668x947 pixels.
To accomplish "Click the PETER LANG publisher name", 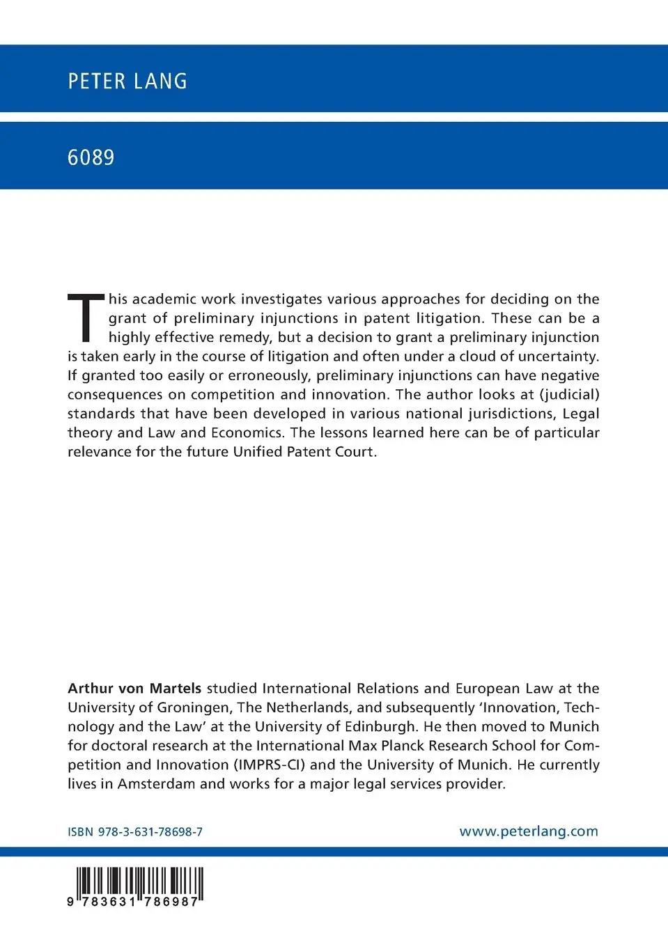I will pos(127,81).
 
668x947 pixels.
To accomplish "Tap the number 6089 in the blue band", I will pos(91,157).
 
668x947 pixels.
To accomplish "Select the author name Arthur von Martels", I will pos(134,689).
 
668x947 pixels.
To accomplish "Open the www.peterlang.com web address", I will pos(529,831).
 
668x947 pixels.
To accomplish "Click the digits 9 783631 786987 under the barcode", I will pos(134,900).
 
